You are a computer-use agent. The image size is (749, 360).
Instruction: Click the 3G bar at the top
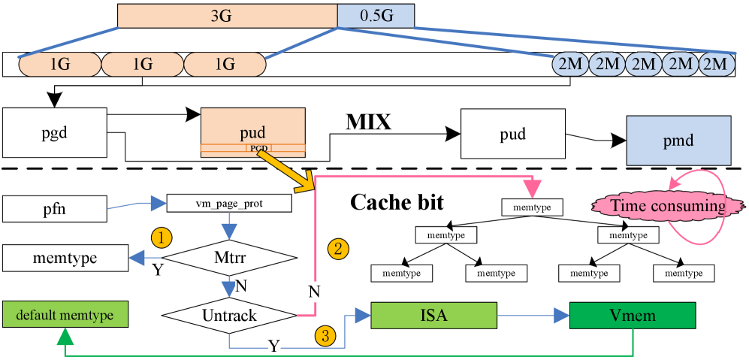[227, 15]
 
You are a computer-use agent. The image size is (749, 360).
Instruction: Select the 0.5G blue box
[376, 15]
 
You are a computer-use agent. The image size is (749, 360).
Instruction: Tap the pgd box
[55, 132]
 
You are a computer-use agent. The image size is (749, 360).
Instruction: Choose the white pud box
[512, 134]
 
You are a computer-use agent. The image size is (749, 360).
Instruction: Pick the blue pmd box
[678, 140]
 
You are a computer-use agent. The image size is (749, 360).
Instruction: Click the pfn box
[55, 209]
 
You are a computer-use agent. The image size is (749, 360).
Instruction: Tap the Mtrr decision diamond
[229, 258]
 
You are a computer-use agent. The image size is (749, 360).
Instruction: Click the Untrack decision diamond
[229, 316]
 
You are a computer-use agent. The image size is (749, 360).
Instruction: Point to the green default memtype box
[65, 315]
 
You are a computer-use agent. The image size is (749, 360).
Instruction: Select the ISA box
[433, 316]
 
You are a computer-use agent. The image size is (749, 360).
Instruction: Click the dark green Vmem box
[633, 316]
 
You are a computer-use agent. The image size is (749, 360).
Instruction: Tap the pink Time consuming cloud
[661, 206]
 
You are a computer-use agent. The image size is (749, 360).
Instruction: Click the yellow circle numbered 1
[162, 238]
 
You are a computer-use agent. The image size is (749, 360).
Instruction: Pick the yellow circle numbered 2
[339, 249]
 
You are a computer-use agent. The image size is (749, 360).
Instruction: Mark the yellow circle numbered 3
[325, 336]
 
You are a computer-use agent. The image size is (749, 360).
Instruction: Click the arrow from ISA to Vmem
[533, 316]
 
